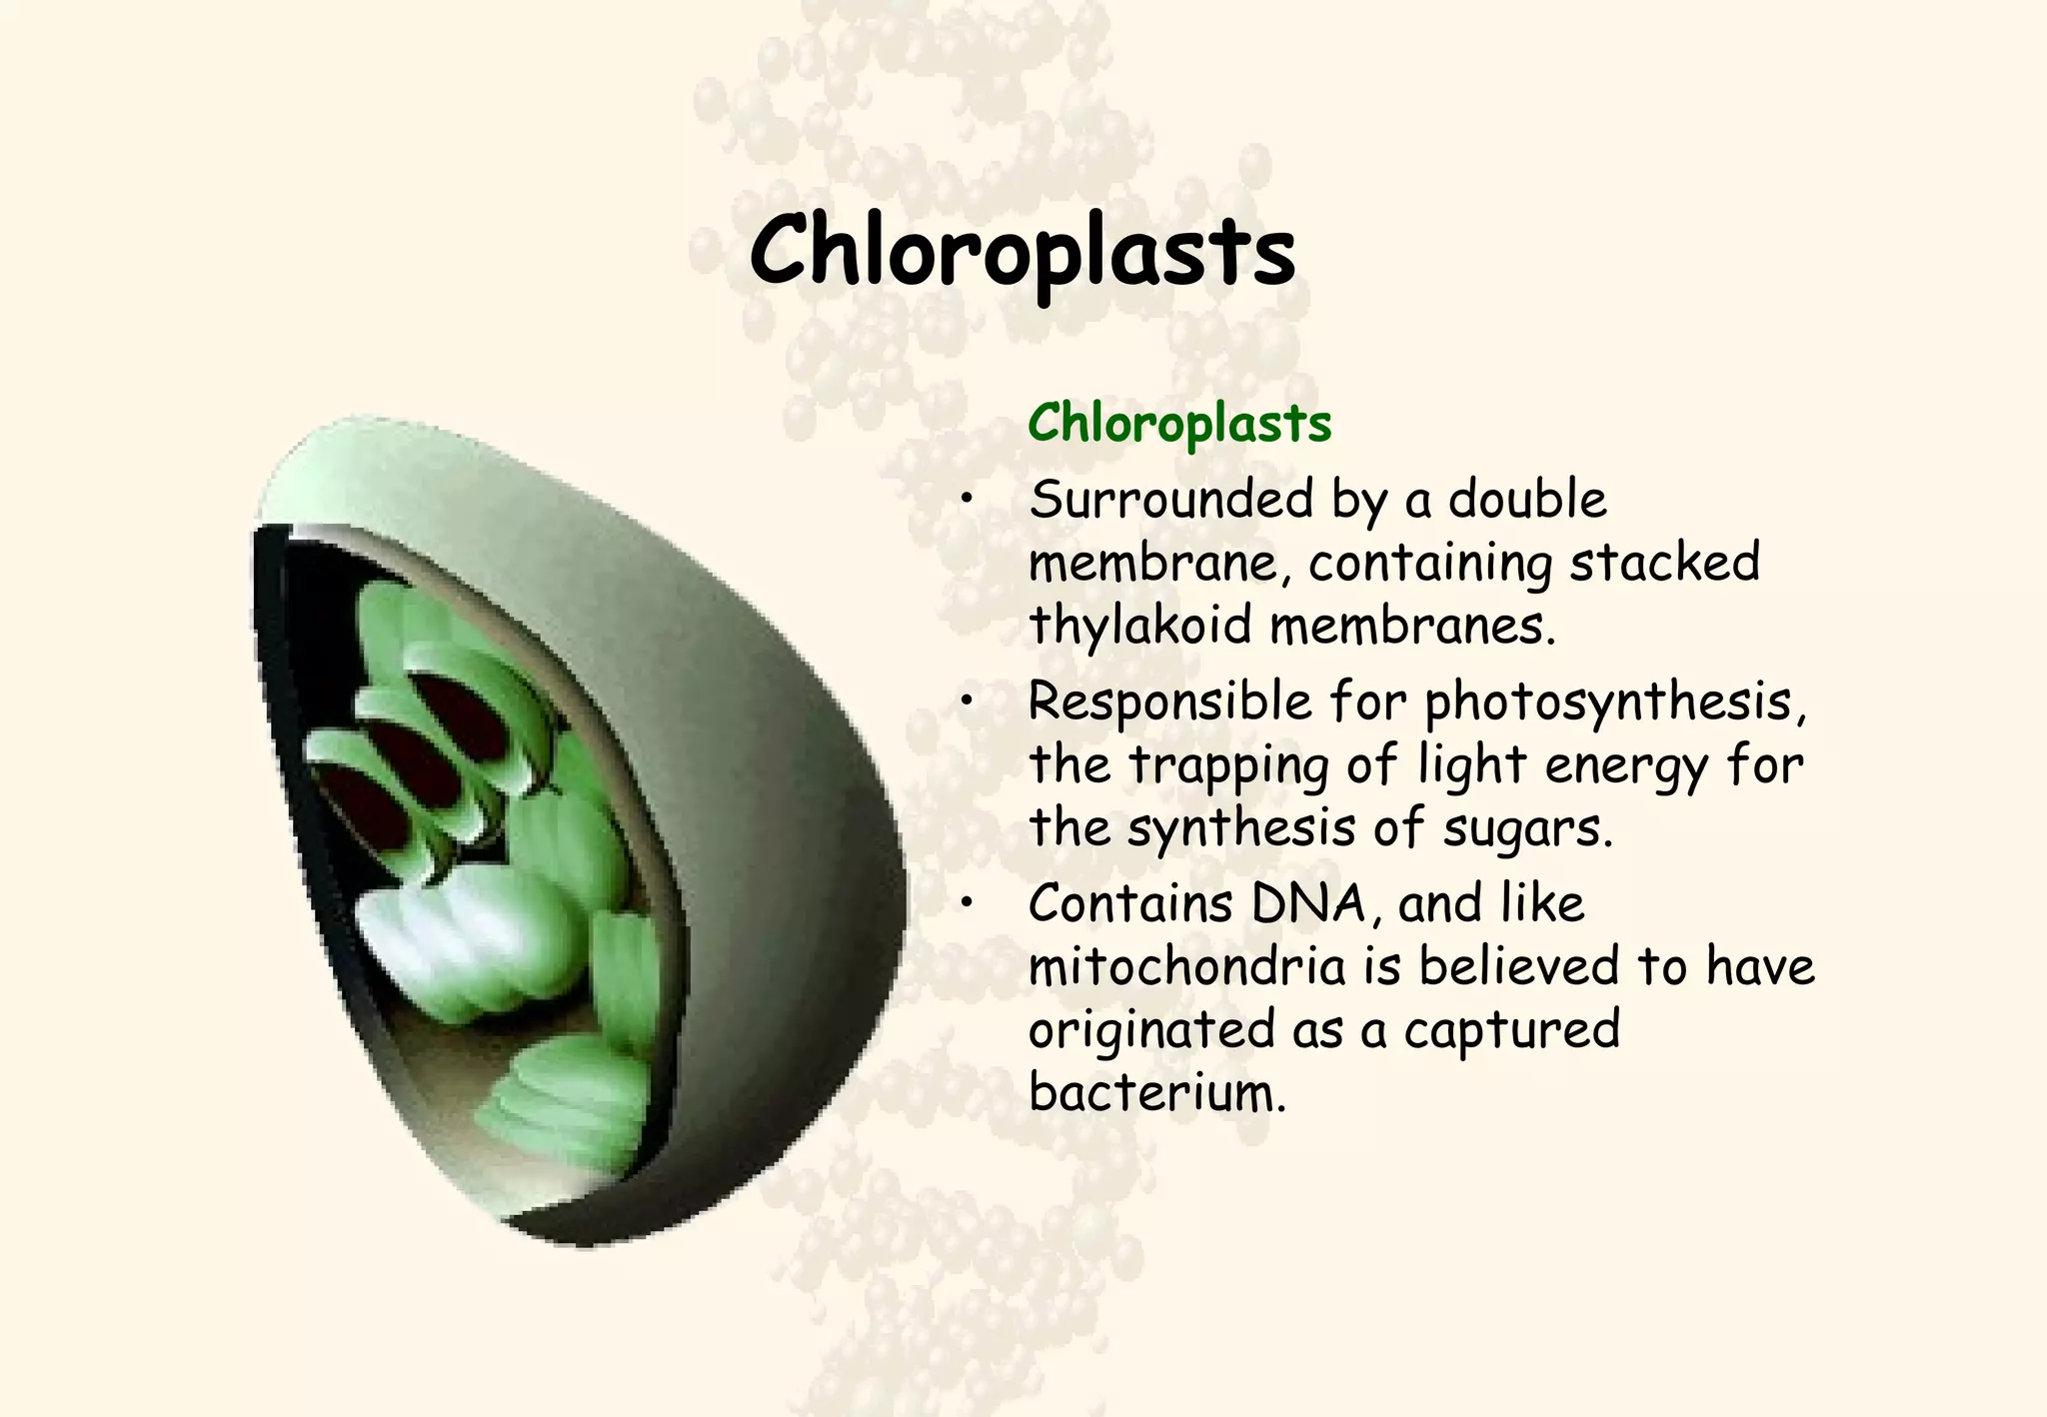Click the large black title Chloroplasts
coord(1022,253)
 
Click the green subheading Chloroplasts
coord(1179,424)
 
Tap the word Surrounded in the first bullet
coord(1170,499)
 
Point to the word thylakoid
coord(1139,626)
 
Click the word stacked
coord(1664,562)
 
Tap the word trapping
coord(1229,767)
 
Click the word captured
coord(1511,1030)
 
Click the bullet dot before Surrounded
coord(966,502)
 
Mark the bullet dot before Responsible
coord(966,704)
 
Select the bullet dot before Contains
coord(966,905)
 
